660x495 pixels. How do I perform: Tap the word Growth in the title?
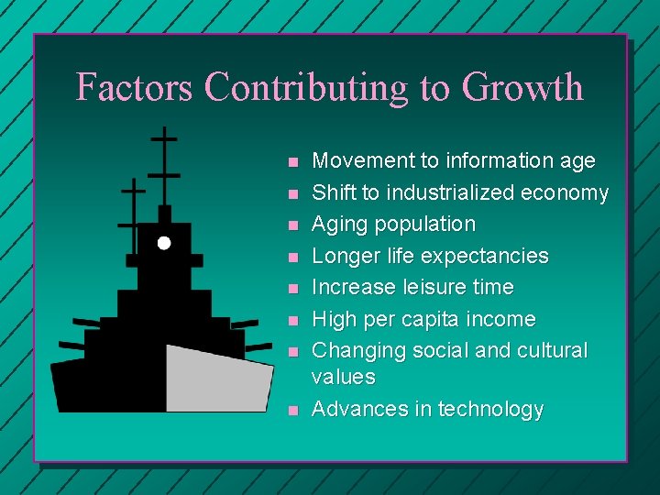[522, 87]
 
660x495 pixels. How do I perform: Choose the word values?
[344, 377]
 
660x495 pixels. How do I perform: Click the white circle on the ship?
[163, 243]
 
